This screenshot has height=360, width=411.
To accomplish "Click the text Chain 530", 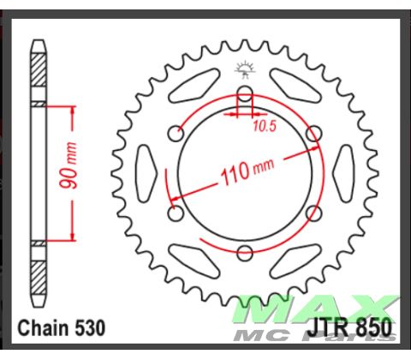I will point(62,327).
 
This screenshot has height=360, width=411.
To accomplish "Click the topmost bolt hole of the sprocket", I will point(245,93).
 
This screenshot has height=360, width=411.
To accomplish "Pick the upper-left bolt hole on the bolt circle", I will point(177,133).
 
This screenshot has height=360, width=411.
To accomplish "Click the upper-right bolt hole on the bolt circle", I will point(313,133).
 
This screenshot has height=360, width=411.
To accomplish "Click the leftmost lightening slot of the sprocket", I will point(146,171).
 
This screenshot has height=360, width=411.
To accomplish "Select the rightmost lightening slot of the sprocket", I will point(344,171).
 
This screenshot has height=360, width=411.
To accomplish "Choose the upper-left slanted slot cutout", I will point(194,87).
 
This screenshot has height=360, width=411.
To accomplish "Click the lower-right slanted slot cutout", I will point(295,256).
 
